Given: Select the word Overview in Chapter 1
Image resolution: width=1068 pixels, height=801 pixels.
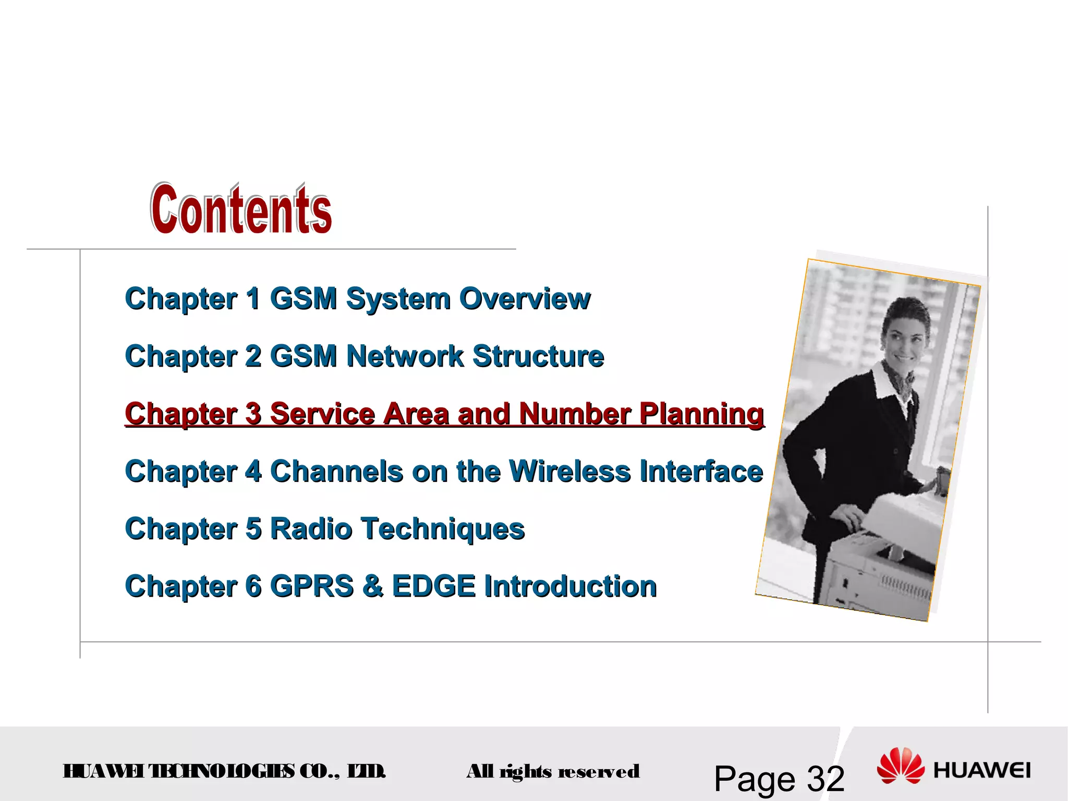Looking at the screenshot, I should pyautogui.click(x=525, y=299).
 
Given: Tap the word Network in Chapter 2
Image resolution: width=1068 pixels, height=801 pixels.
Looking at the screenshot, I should pyautogui.click(x=405, y=356).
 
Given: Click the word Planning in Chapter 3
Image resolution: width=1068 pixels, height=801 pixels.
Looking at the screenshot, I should pyautogui.click(x=701, y=414).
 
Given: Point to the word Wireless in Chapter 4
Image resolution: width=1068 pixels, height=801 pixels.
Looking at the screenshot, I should pyautogui.click(x=569, y=471).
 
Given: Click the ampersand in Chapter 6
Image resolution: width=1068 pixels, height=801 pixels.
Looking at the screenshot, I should pyautogui.click(x=373, y=586).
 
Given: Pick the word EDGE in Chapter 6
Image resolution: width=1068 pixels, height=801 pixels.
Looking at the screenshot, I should pyautogui.click(x=433, y=586).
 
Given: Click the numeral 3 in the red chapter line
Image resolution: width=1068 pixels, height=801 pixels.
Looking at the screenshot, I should pyautogui.click(x=253, y=414).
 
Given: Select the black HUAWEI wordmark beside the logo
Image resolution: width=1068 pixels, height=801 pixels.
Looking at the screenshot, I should pyautogui.click(x=982, y=770).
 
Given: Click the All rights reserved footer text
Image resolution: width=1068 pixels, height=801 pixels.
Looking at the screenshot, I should pyautogui.click(x=553, y=771).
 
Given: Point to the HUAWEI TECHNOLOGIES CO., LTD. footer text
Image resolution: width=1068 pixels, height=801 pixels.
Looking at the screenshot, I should pyautogui.click(x=224, y=771).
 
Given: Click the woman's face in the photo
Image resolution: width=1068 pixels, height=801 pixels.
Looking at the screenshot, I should pyautogui.click(x=906, y=334).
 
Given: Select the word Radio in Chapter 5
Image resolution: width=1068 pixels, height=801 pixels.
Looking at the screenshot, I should pyautogui.click(x=311, y=529).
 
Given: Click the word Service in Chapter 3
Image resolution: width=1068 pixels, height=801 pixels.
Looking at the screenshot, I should pyautogui.click(x=322, y=414).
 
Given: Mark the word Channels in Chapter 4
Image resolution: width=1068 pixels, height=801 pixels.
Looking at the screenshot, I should pyautogui.click(x=337, y=471).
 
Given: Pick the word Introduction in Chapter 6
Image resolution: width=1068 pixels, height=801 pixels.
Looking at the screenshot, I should pyautogui.click(x=570, y=586).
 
